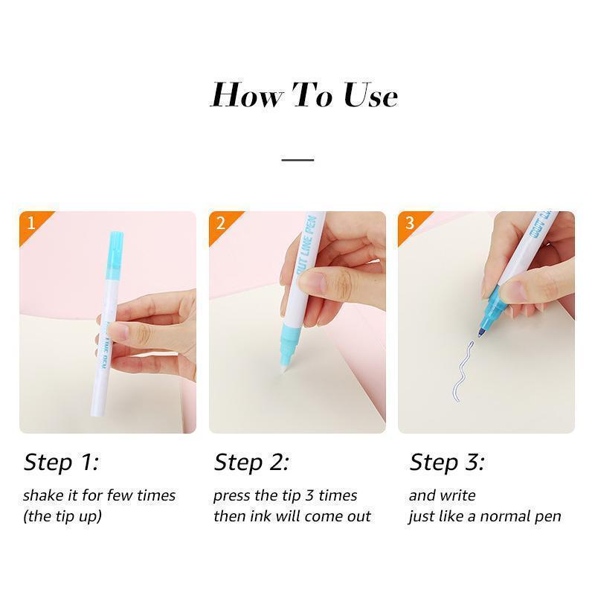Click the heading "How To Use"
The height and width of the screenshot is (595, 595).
click(x=303, y=95)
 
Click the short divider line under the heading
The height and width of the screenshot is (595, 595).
click(x=297, y=160)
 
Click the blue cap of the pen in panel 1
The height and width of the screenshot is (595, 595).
click(x=115, y=255)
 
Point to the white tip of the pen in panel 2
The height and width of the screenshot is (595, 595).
click(x=284, y=366)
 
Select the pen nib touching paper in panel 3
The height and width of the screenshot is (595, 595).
click(x=480, y=333)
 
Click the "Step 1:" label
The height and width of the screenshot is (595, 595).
click(x=61, y=463)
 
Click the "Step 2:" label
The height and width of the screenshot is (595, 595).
click(x=251, y=463)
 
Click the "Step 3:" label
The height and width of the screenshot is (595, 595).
click(x=447, y=463)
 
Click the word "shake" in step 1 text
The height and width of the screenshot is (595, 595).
click(x=43, y=495)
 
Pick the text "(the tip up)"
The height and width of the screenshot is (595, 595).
click(x=62, y=516)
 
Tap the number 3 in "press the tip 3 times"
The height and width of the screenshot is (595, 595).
click(x=309, y=495)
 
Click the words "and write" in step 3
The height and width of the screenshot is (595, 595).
click(x=442, y=495)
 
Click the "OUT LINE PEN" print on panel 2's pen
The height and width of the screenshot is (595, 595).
click(x=306, y=245)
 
